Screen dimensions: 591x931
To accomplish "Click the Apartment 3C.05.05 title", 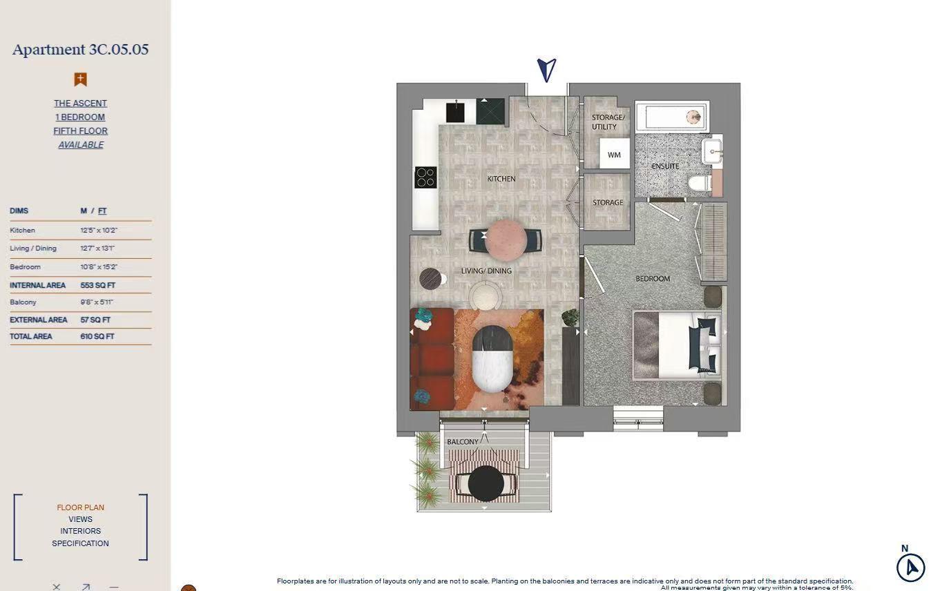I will coord(80,50).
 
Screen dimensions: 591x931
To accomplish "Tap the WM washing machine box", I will coord(614,155).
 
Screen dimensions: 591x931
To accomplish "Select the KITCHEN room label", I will coord(501,179).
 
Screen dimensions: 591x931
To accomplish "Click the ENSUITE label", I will coord(665,166).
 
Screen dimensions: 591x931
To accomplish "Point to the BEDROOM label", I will coord(653,279).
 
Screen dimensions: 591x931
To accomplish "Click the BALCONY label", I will coord(463,442).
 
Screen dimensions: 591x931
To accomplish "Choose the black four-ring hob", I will coord(425,177).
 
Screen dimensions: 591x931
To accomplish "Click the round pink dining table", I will coord(506,239).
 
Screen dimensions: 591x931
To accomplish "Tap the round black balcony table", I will coord(486,483).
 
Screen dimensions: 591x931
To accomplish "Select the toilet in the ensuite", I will coord(699,183).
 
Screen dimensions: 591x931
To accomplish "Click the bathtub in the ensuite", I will coord(671,117).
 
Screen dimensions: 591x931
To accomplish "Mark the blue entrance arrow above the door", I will coord(546,69).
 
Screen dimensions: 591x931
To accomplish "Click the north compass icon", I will coord(910,568).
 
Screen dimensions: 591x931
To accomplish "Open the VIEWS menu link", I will coord(80,519).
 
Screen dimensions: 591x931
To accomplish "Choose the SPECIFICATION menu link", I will coord(80,543).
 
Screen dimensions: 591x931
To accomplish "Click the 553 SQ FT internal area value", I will coord(97,285).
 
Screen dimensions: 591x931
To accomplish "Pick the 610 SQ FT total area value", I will coord(97,336).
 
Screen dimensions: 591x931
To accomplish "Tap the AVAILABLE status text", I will coord(81,145).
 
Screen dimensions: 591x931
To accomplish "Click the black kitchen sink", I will coord(455,112).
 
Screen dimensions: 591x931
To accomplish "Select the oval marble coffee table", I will coord(492,359).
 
